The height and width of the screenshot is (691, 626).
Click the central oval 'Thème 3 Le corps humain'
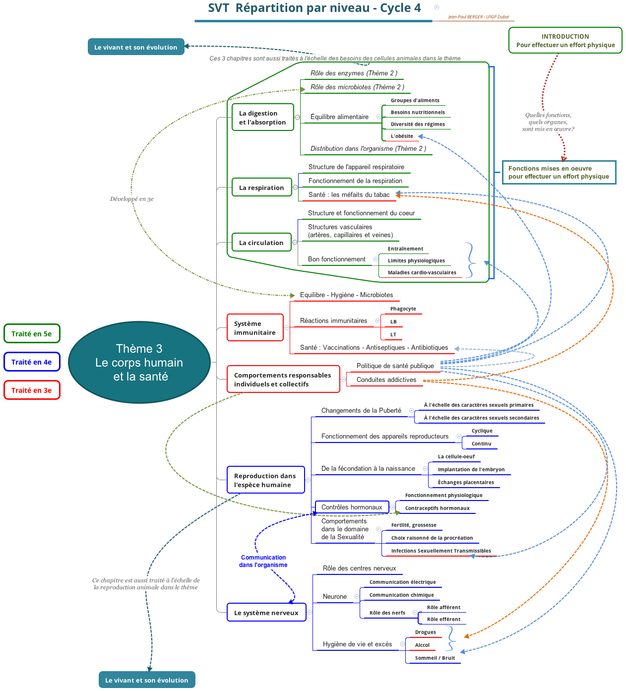click(139, 363)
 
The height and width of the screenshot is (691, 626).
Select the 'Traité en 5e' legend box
click(32, 333)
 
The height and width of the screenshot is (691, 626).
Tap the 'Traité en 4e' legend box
click(32, 362)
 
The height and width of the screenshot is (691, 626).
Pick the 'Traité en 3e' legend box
click(32, 390)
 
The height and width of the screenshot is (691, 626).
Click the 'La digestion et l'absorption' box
click(262, 117)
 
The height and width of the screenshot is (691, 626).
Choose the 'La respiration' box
click(261, 187)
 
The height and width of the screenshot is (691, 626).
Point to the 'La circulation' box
click(261, 242)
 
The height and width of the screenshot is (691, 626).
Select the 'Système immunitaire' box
click(255, 327)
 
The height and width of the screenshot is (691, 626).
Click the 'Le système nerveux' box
click(266, 612)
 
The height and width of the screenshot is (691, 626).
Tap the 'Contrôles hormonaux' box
click(352, 506)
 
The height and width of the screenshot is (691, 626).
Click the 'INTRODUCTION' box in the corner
click(565, 40)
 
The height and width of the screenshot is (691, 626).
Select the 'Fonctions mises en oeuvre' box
click(559, 172)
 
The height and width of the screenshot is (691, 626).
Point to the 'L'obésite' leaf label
click(402, 136)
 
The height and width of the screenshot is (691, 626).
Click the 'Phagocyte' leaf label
click(403, 309)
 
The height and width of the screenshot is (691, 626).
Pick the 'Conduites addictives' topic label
click(386, 379)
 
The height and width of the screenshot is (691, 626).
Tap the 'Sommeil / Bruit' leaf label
click(435, 658)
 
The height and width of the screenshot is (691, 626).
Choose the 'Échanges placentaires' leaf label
click(466, 482)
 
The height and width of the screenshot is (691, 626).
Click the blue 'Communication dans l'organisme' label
click(263, 561)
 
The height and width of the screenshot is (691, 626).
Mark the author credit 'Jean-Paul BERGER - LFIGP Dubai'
click(479, 17)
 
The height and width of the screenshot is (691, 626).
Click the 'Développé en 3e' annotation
click(131, 199)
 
